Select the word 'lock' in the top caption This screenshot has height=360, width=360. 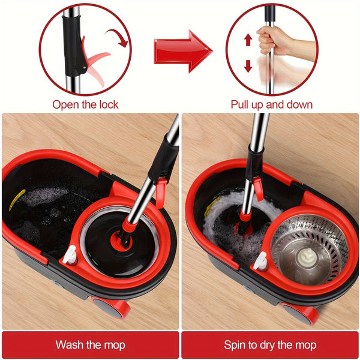tap(107, 104)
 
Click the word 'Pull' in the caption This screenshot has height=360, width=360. tap(242, 104)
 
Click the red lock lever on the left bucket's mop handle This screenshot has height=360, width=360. tap(160, 192)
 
